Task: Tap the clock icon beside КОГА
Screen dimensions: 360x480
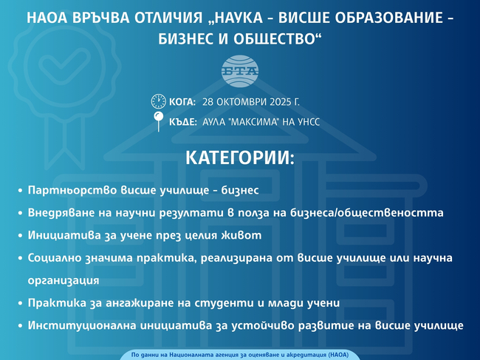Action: (158, 102)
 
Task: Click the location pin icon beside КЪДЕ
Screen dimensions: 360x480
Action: (158, 120)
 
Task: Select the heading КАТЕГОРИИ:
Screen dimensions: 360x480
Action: (239, 158)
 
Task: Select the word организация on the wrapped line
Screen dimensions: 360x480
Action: (63, 280)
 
